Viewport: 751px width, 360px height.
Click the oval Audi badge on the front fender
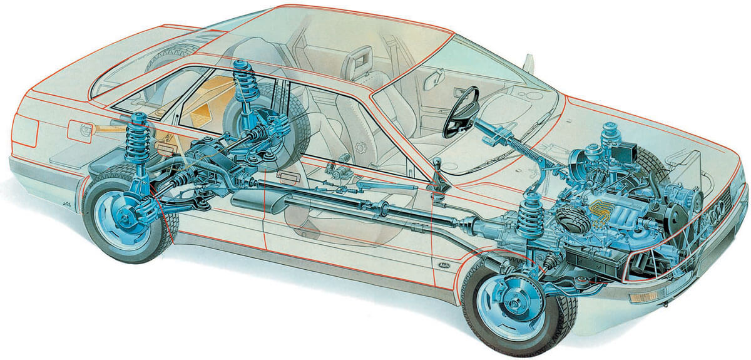pos(441,265)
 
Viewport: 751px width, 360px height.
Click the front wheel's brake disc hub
pos(502,306)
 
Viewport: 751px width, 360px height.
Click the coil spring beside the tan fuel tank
pos(242,91)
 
